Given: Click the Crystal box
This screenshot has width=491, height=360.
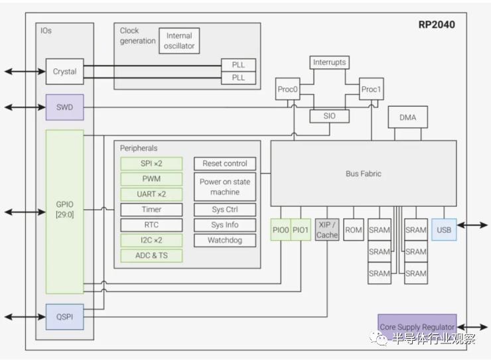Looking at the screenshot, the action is pos(64,72).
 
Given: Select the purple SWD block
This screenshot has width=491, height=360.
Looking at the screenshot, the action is pos(64,107).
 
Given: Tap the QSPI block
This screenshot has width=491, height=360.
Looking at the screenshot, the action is pos(64,317).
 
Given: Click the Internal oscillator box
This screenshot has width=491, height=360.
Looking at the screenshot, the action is pos(179,41).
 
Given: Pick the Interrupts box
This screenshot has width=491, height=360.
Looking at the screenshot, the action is pos(329,62).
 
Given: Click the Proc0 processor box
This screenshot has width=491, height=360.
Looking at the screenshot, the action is pos(287,89).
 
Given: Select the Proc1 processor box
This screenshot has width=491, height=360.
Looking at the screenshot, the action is pos(371,89).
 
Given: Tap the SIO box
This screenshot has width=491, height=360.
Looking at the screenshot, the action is pos(329,116).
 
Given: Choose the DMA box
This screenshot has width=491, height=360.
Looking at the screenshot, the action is pos(407,117).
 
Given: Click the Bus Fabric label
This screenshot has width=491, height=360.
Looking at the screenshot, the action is pos(363,174).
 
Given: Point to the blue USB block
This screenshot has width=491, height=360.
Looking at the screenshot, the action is pos(444,230).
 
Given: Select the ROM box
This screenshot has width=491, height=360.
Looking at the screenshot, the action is pos(354,230).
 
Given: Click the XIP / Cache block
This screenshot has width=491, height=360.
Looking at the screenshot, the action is pos(327,230).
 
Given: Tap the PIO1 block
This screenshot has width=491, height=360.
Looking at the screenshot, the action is pos(301,230).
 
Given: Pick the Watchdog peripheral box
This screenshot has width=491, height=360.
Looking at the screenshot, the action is pos(225,240).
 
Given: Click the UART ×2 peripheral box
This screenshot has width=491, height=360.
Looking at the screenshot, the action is pos(151,194).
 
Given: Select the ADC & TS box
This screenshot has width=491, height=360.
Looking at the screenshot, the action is pos(151,255).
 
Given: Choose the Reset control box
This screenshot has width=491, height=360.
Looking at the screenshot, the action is pos(225,164).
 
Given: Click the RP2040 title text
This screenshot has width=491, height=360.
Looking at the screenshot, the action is pos(437,25).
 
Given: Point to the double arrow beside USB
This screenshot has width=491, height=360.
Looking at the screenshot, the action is pos(472,225).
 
